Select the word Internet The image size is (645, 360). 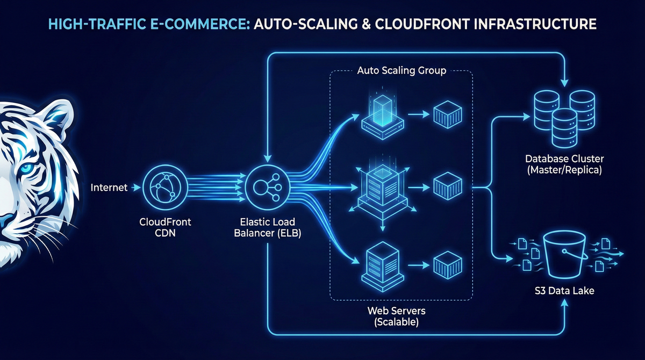point(109,188)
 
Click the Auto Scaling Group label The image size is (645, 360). point(401,70)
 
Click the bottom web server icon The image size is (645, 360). point(382,263)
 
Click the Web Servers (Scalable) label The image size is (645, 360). point(393,316)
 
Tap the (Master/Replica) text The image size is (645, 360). point(564,170)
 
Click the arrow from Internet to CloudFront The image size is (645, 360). point(135,188)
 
